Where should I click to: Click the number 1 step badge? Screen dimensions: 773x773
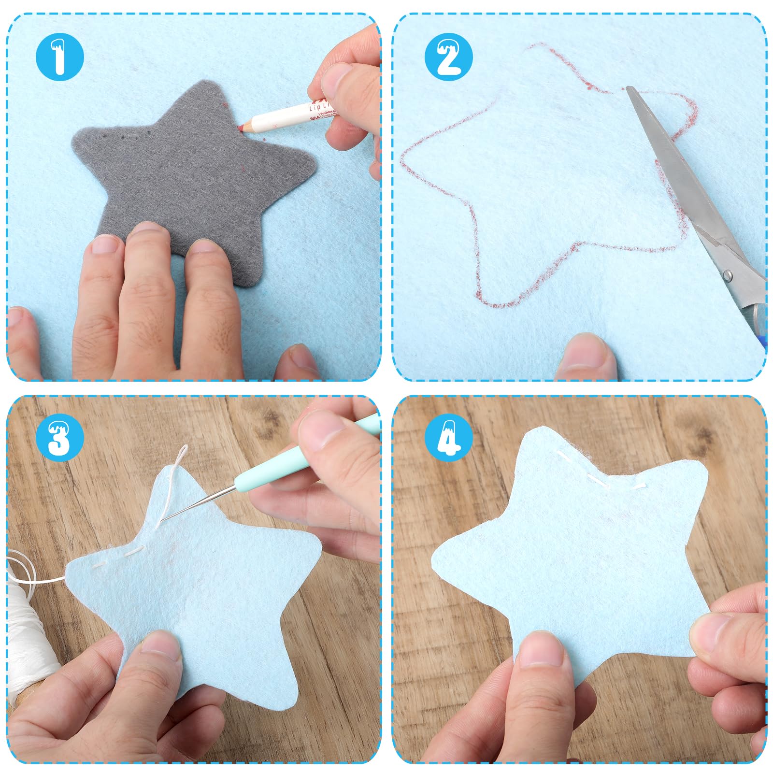click(60, 57)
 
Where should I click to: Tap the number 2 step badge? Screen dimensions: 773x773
click(448, 57)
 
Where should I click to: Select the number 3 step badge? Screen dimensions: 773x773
click(60, 438)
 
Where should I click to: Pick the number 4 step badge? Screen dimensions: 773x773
click(448, 438)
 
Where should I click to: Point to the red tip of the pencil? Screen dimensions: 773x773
click(240, 127)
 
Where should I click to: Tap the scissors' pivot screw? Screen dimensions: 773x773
click(727, 276)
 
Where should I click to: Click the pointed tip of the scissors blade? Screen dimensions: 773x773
click(628, 88)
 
